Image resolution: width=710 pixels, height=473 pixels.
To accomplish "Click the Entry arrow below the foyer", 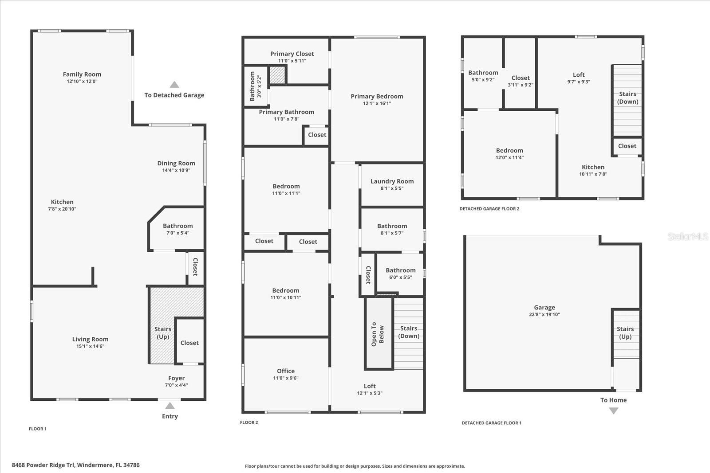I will point(170,406).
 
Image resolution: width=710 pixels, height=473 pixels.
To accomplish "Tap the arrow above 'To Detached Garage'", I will point(174,85).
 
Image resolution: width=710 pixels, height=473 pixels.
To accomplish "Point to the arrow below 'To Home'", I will point(613,411).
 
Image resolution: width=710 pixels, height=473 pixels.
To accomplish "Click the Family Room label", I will point(82,74).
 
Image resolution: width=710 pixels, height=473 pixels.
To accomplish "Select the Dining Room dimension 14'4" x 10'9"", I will point(176,170).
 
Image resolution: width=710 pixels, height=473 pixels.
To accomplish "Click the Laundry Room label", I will point(392,181).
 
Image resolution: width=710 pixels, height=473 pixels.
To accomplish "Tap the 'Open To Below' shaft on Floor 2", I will point(378,333).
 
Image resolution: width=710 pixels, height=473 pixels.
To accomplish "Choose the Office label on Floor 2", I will point(285,371).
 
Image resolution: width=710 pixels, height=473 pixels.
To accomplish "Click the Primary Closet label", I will point(292,54).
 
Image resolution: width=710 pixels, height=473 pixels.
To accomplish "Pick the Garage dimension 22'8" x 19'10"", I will point(544,314).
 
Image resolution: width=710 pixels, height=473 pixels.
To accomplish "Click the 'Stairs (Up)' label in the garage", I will point(625,332).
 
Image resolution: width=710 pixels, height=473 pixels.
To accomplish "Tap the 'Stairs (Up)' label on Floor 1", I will point(162,332).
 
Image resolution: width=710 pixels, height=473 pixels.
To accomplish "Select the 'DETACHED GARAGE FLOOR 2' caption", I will point(489,209).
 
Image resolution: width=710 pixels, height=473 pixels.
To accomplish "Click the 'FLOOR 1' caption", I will point(38,429).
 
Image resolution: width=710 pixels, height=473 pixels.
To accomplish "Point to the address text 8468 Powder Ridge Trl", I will point(75,465).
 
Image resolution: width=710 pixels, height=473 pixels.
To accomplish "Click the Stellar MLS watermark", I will point(687,237).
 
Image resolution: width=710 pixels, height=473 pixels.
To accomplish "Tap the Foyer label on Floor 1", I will point(176,378).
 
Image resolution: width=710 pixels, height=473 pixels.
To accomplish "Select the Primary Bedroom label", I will point(377,96).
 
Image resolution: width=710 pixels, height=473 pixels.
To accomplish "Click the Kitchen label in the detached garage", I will point(593,167).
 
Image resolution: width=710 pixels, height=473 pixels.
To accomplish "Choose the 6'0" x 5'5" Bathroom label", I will point(400,270).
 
